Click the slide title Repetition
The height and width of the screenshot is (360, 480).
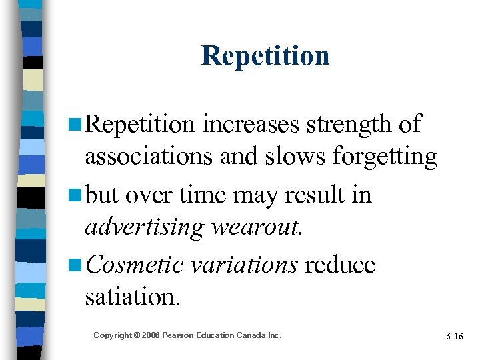tap(265, 55)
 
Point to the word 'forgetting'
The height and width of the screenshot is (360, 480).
tap(385, 157)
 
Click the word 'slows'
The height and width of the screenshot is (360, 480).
tap(296, 157)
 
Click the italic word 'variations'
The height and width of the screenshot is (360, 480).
tap(244, 264)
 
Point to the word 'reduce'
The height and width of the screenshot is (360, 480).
tap(341, 264)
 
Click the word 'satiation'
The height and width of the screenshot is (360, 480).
tap(133, 297)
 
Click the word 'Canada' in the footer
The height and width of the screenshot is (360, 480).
tap(251, 335)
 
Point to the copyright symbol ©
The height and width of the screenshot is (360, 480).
tap(135, 335)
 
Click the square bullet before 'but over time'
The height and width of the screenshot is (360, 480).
tap(75, 195)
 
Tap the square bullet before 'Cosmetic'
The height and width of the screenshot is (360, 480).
tap(75, 265)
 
